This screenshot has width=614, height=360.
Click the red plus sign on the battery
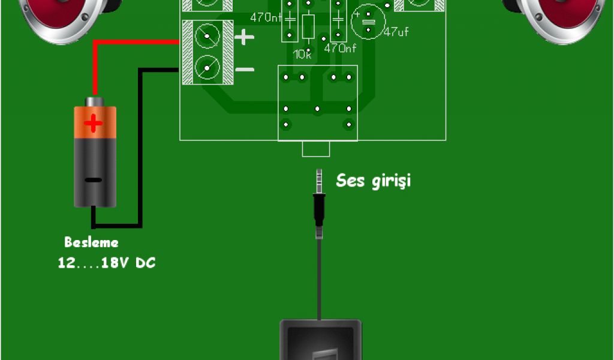[x=93, y=124]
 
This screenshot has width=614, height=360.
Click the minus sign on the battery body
[x=93, y=179]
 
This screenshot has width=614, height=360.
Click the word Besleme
[x=91, y=242]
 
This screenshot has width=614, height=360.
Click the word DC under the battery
[x=146, y=263]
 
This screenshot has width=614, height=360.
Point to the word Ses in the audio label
[x=350, y=180]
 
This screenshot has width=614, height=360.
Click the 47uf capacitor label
[x=396, y=32]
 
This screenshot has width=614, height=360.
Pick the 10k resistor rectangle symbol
[x=308, y=27]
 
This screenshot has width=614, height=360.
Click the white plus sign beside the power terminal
[x=244, y=38]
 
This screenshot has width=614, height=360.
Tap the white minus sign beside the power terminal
[x=245, y=70]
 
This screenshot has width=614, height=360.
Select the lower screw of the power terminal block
[x=207, y=67]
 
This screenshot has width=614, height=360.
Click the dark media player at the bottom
[x=321, y=340]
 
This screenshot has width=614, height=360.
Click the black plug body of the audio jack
[x=319, y=210]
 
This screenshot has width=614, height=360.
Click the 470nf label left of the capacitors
[x=266, y=17]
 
